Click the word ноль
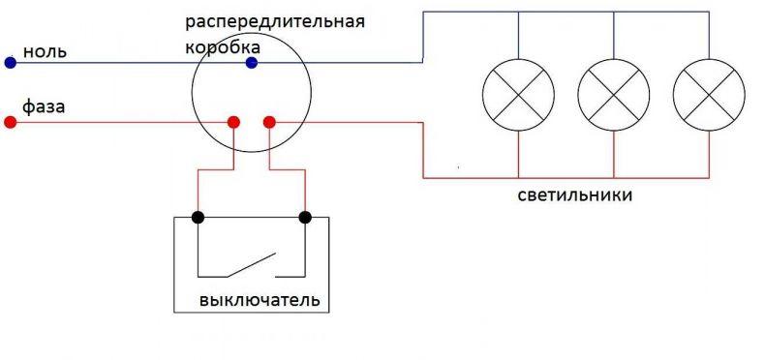click(x=45, y=51)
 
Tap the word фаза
click(x=44, y=106)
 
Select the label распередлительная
click(x=275, y=23)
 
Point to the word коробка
click(x=224, y=47)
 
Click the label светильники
click(x=575, y=195)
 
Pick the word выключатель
click(x=260, y=299)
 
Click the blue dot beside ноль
click(x=11, y=63)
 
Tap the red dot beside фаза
click(x=11, y=122)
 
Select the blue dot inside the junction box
click(x=251, y=63)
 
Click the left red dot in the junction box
click(x=233, y=122)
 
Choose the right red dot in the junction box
click(x=269, y=122)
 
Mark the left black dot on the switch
click(x=198, y=217)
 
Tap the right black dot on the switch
click(x=305, y=217)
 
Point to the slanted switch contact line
click(x=251, y=265)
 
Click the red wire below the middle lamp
click(x=613, y=154)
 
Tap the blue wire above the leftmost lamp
click(x=518, y=35)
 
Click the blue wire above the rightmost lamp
click(x=709, y=35)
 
